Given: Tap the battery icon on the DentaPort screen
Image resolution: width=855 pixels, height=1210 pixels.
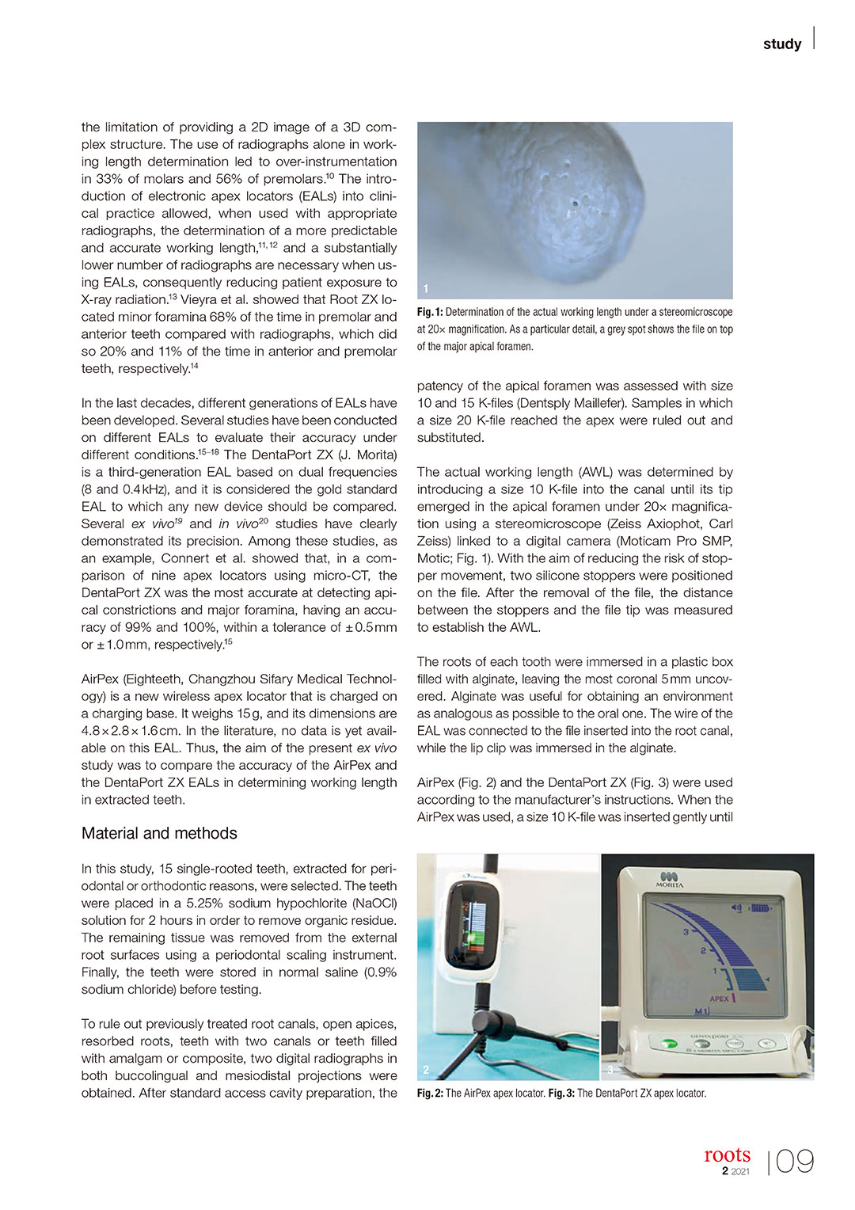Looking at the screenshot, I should [x=760, y=907].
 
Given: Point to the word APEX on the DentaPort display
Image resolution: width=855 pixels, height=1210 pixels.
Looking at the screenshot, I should [x=719, y=999].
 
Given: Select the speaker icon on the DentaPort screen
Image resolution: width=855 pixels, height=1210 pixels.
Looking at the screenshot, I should [x=739, y=907].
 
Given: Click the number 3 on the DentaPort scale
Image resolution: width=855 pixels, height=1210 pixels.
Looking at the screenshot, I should [x=686, y=933].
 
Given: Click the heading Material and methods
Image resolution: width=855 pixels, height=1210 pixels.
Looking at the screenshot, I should [x=159, y=833].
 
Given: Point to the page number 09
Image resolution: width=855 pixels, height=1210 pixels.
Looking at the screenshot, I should [x=794, y=1162].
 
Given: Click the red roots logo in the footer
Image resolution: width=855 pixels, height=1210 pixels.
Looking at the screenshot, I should [x=727, y=1155].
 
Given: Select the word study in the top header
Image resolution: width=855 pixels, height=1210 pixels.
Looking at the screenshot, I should [x=782, y=44].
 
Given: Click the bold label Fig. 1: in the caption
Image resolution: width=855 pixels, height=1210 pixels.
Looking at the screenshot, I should [x=430, y=312].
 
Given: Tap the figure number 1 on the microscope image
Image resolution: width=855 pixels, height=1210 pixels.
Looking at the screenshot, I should [x=426, y=289].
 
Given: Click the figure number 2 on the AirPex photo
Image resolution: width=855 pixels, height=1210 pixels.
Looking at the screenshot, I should [x=426, y=1070].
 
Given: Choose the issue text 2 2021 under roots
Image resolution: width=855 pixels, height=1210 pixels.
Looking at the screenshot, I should [x=735, y=1172].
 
